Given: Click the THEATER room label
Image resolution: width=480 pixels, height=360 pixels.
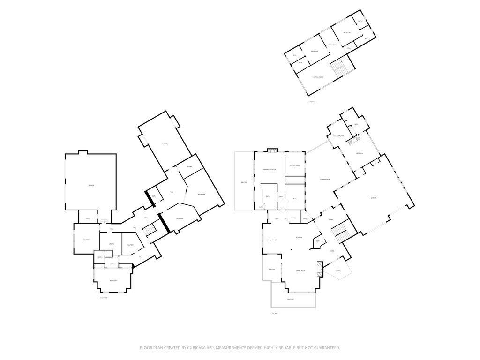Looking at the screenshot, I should pyautogui.click(x=165, y=143).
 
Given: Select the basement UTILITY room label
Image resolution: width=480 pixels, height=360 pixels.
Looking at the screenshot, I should pyautogui.click(x=112, y=244).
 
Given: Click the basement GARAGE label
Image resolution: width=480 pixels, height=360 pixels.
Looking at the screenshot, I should pyautogui.click(x=91, y=185).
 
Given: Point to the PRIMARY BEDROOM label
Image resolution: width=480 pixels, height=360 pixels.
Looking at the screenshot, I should pyautogui.click(x=270, y=169).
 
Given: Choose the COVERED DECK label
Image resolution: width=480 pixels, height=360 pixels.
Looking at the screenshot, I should pyautogui.click(x=324, y=180).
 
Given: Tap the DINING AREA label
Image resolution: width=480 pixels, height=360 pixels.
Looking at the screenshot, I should pyautogui.click(x=273, y=240).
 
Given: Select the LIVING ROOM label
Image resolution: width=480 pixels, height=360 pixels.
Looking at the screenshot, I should pyautogui.click(x=301, y=271).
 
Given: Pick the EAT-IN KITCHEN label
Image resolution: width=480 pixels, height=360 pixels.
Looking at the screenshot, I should pyautogui.click(x=338, y=136).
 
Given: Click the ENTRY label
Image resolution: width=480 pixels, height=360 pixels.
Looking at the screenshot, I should pyautogui.click(x=330, y=220).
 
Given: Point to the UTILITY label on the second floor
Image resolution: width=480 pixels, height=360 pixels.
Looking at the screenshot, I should pyautogui.click(x=350, y=48).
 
